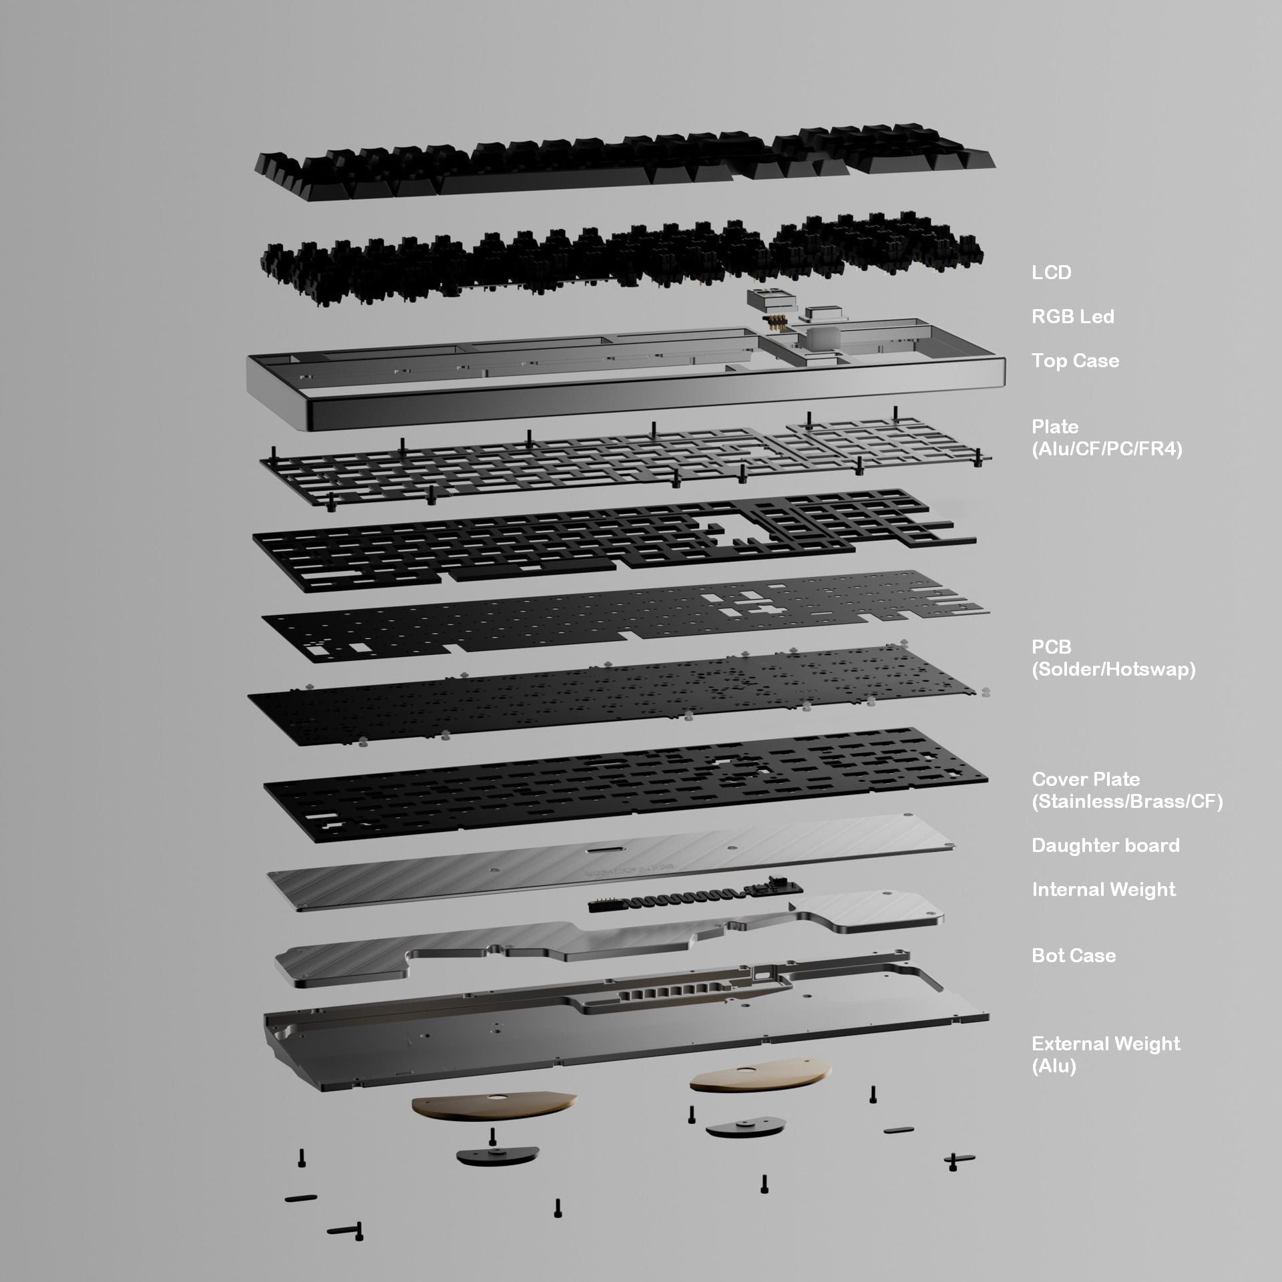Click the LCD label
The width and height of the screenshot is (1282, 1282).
pos(1051,272)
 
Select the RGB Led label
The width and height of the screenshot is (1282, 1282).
pos(1072,316)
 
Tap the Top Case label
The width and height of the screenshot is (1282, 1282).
pos(1075,361)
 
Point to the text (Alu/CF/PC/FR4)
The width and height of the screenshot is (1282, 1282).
pos(1106,449)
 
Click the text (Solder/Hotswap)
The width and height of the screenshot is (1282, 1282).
pos(1113,669)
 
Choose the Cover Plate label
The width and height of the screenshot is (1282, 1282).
pos(1086,779)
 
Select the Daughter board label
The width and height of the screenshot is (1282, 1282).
pos(1105,845)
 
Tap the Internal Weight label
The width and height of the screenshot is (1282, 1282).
pos(1103,889)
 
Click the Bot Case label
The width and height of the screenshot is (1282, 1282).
pos(1073,955)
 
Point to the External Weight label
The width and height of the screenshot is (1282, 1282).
pos(1105,1044)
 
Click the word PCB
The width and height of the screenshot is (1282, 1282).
pos(1051,647)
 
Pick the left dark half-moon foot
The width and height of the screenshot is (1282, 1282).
pos(497,1156)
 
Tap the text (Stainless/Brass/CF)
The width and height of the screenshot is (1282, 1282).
pos(1127,801)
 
